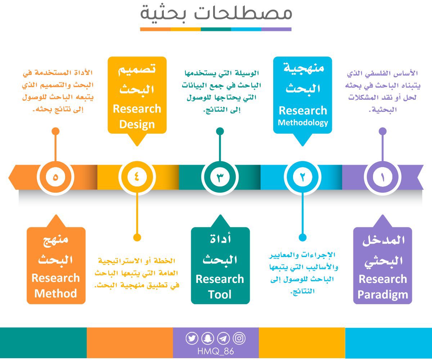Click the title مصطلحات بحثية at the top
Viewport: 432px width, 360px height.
click(x=216, y=14)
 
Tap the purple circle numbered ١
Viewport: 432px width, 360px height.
click(x=382, y=177)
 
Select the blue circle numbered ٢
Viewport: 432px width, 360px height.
click(x=302, y=177)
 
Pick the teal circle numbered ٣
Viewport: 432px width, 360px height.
click(x=220, y=177)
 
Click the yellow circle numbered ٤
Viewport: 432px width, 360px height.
click(x=136, y=177)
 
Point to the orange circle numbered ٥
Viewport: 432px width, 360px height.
click(x=55, y=177)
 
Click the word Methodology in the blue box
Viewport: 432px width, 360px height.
click(x=303, y=123)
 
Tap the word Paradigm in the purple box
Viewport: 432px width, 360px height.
click(x=383, y=295)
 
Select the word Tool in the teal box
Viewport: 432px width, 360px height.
click(x=220, y=295)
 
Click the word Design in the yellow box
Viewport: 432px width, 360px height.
click(x=137, y=125)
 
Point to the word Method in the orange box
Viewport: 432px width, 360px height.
click(x=56, y=293)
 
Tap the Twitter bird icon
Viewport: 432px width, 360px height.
click(x=192, y=338)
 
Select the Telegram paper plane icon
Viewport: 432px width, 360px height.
click(x=223, y=338)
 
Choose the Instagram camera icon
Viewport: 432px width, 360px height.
click(x=239, y=338)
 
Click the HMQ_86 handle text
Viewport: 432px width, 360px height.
click(x=216, y=351)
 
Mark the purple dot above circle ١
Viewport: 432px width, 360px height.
click(x=382, y=131)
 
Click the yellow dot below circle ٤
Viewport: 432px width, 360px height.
click(x=137, y=237)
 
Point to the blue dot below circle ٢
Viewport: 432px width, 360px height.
click(x=302, y=237)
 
